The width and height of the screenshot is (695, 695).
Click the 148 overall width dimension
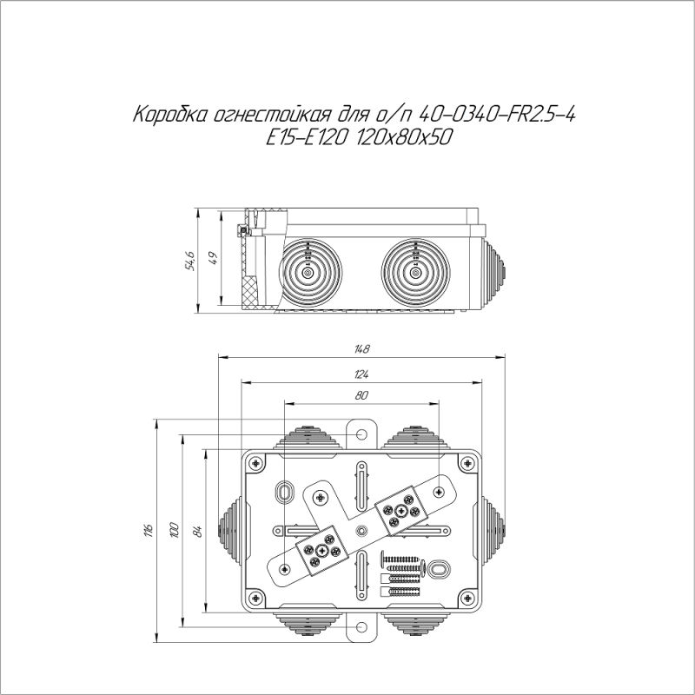pyautogui.click(x=362, y=349)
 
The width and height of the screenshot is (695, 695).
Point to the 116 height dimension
pyautogui.click(x=149, y=529)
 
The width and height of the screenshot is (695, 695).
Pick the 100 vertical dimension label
pyautogui.click(x=174, y=529)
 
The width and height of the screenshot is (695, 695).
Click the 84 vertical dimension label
pyautogui.click(x=197, y=529)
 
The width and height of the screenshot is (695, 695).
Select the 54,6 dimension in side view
pyautogui.click(x=190, y=260)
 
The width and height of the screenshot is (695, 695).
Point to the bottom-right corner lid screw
pyautogui.click(x=468, y=599)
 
